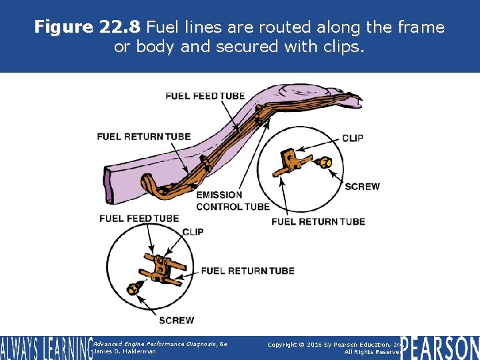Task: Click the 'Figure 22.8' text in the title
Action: [88, 27]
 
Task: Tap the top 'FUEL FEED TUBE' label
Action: [205, 96]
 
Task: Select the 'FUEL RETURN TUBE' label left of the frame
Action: [143, 137]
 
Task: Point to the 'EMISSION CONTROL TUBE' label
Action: [233, 201]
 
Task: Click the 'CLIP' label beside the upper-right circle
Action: [353, 138]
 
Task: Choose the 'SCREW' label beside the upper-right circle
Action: [362, 187]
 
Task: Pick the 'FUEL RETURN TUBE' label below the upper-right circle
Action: [318, 221]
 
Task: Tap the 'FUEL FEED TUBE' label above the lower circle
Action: [139, 218]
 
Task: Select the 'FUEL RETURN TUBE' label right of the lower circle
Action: [247, 271]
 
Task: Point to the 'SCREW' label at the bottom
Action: [177, 320]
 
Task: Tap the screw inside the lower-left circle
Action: [133, 288]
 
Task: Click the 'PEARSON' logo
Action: [441, 348]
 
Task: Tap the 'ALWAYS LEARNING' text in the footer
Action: [45, 348]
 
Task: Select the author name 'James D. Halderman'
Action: [125, 351]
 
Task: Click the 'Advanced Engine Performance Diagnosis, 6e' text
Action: [161, 343]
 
